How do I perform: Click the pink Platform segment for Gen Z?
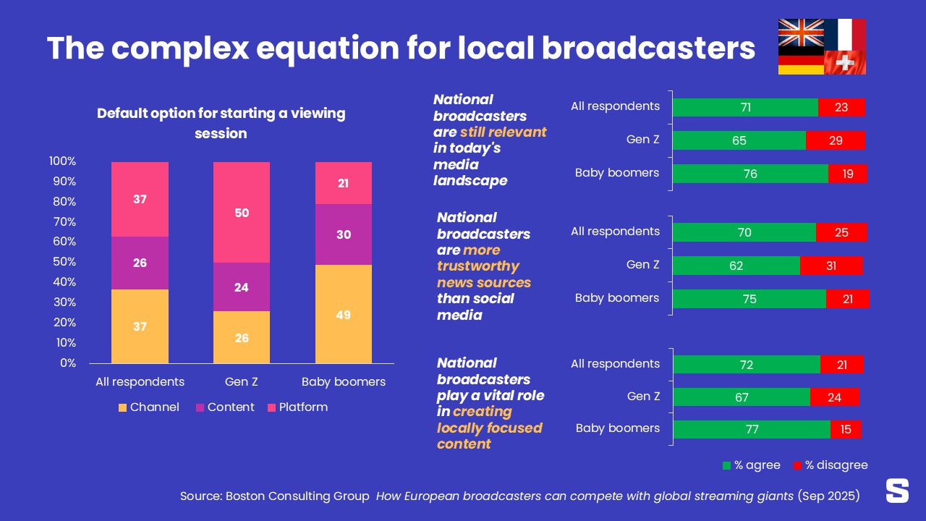coord(242,213)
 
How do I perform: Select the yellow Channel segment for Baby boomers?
coord(344,315)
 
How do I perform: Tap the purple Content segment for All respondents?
coord(140,263)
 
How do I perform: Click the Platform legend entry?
coord(297,407)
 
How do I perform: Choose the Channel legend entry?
coord(148,407)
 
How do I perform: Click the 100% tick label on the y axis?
coord(63,161)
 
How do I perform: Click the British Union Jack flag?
coord(801,33)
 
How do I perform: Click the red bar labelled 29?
coord(836,140)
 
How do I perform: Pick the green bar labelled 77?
coord(752,429)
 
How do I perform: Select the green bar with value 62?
coord(736,266)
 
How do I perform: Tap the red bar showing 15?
coord(846,429)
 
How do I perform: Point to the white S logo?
coord(897,491)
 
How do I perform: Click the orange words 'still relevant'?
coord(503,132)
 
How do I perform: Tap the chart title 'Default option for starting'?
coord(221,114)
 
